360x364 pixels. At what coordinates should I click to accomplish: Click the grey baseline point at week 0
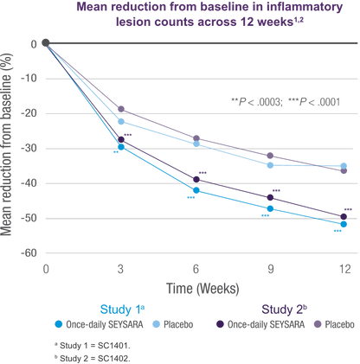(45, 43)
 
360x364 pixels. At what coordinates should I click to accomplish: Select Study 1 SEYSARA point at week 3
(121, 147)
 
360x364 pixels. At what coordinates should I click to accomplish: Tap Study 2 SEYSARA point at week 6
(196, 180)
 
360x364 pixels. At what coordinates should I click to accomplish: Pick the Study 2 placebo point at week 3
(121, 109)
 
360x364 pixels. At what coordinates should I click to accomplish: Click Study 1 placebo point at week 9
(270, 165)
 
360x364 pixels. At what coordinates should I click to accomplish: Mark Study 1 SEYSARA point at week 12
(344, 224)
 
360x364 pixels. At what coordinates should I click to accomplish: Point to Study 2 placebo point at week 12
(344, 170)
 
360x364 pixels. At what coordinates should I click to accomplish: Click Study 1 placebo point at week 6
(196, 144)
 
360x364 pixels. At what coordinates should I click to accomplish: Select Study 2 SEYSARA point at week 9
(270, 197)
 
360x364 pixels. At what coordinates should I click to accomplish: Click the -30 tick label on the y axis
(29, 149)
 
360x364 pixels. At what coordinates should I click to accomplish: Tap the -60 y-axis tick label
(29, 253)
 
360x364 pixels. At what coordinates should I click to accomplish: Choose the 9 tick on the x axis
(271, 269)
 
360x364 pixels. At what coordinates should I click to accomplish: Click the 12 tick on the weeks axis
(345, 269)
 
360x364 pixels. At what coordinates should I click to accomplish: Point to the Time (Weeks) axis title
(202, 289)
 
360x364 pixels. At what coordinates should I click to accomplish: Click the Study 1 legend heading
(122, 310)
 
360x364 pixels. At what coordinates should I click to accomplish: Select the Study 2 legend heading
(284, 310)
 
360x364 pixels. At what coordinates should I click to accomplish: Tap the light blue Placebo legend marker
(156, 324)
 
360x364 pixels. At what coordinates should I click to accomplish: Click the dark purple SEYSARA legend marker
(220, 324)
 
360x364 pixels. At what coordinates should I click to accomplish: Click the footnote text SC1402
(113, 358)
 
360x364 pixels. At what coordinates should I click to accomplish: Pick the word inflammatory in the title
(305, 7)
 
